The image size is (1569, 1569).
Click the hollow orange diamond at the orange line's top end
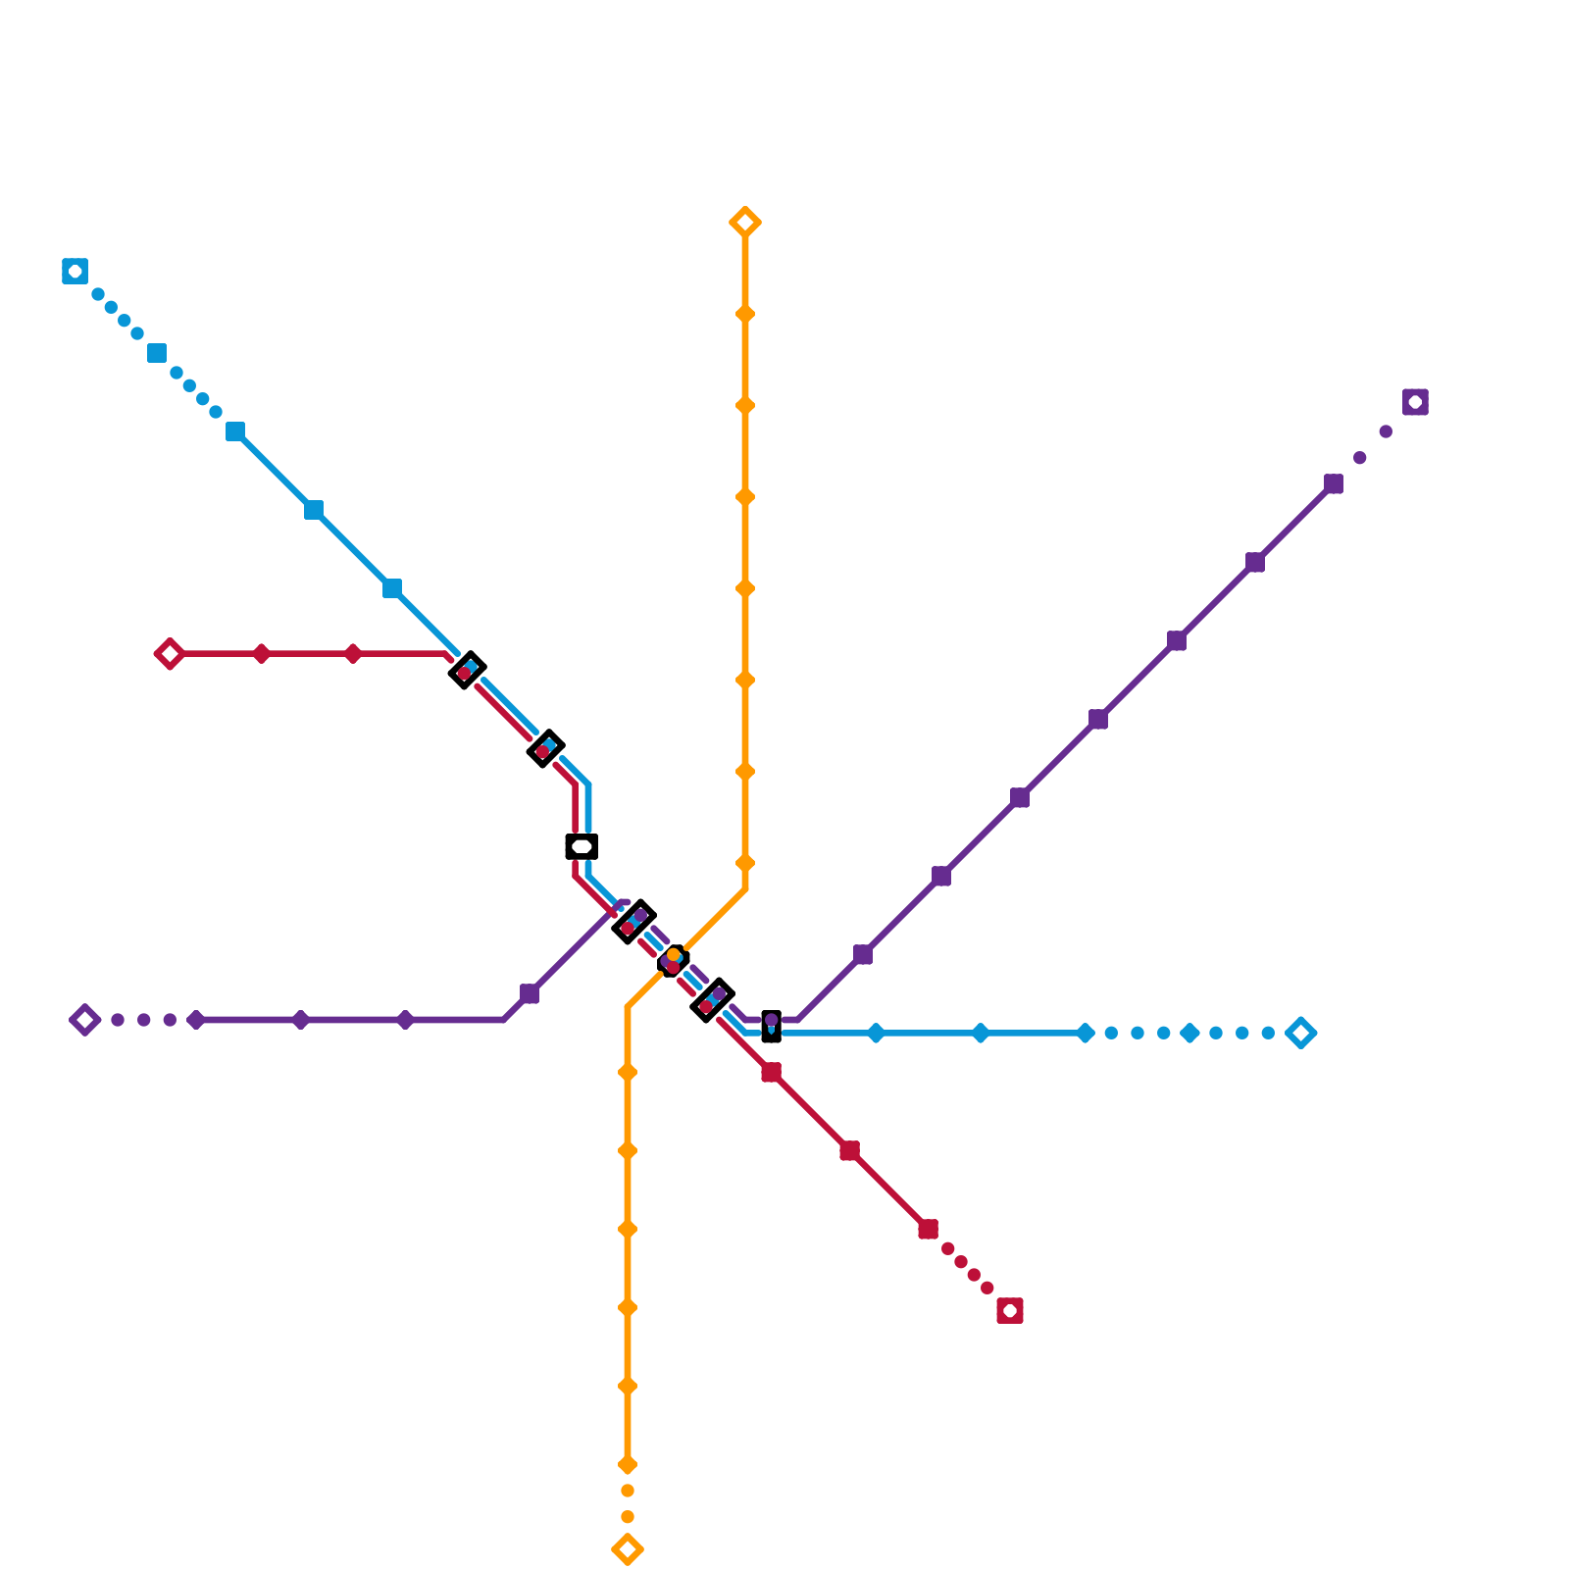[745, 223]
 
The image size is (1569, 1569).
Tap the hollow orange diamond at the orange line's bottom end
[628, 1549]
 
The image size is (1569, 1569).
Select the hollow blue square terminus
[75, 272]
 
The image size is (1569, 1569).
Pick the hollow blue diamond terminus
[1301, 1033]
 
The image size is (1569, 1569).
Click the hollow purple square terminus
[1415, 402]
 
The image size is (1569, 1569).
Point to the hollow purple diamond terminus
[85, 1020]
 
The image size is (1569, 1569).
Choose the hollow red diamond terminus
[170, 654]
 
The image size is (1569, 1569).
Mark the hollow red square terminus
[1010, 1311]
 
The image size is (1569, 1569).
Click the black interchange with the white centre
[582, 846]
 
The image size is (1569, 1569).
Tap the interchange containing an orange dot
[673, 961]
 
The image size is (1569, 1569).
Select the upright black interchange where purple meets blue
[772, 1026]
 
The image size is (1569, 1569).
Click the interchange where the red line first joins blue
[467, 671]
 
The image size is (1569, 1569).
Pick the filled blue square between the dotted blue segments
[157, 353]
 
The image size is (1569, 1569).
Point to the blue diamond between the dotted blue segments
[1189, 1033]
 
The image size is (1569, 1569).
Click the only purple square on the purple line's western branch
[530, 993]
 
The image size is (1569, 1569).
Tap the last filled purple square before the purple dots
[1334, 483]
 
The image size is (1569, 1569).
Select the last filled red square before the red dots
[929, 1229]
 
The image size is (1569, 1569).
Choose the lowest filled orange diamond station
[628, 1465]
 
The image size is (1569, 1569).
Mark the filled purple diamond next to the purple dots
[196, 1020]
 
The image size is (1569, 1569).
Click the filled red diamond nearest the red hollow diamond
[261, 654]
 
